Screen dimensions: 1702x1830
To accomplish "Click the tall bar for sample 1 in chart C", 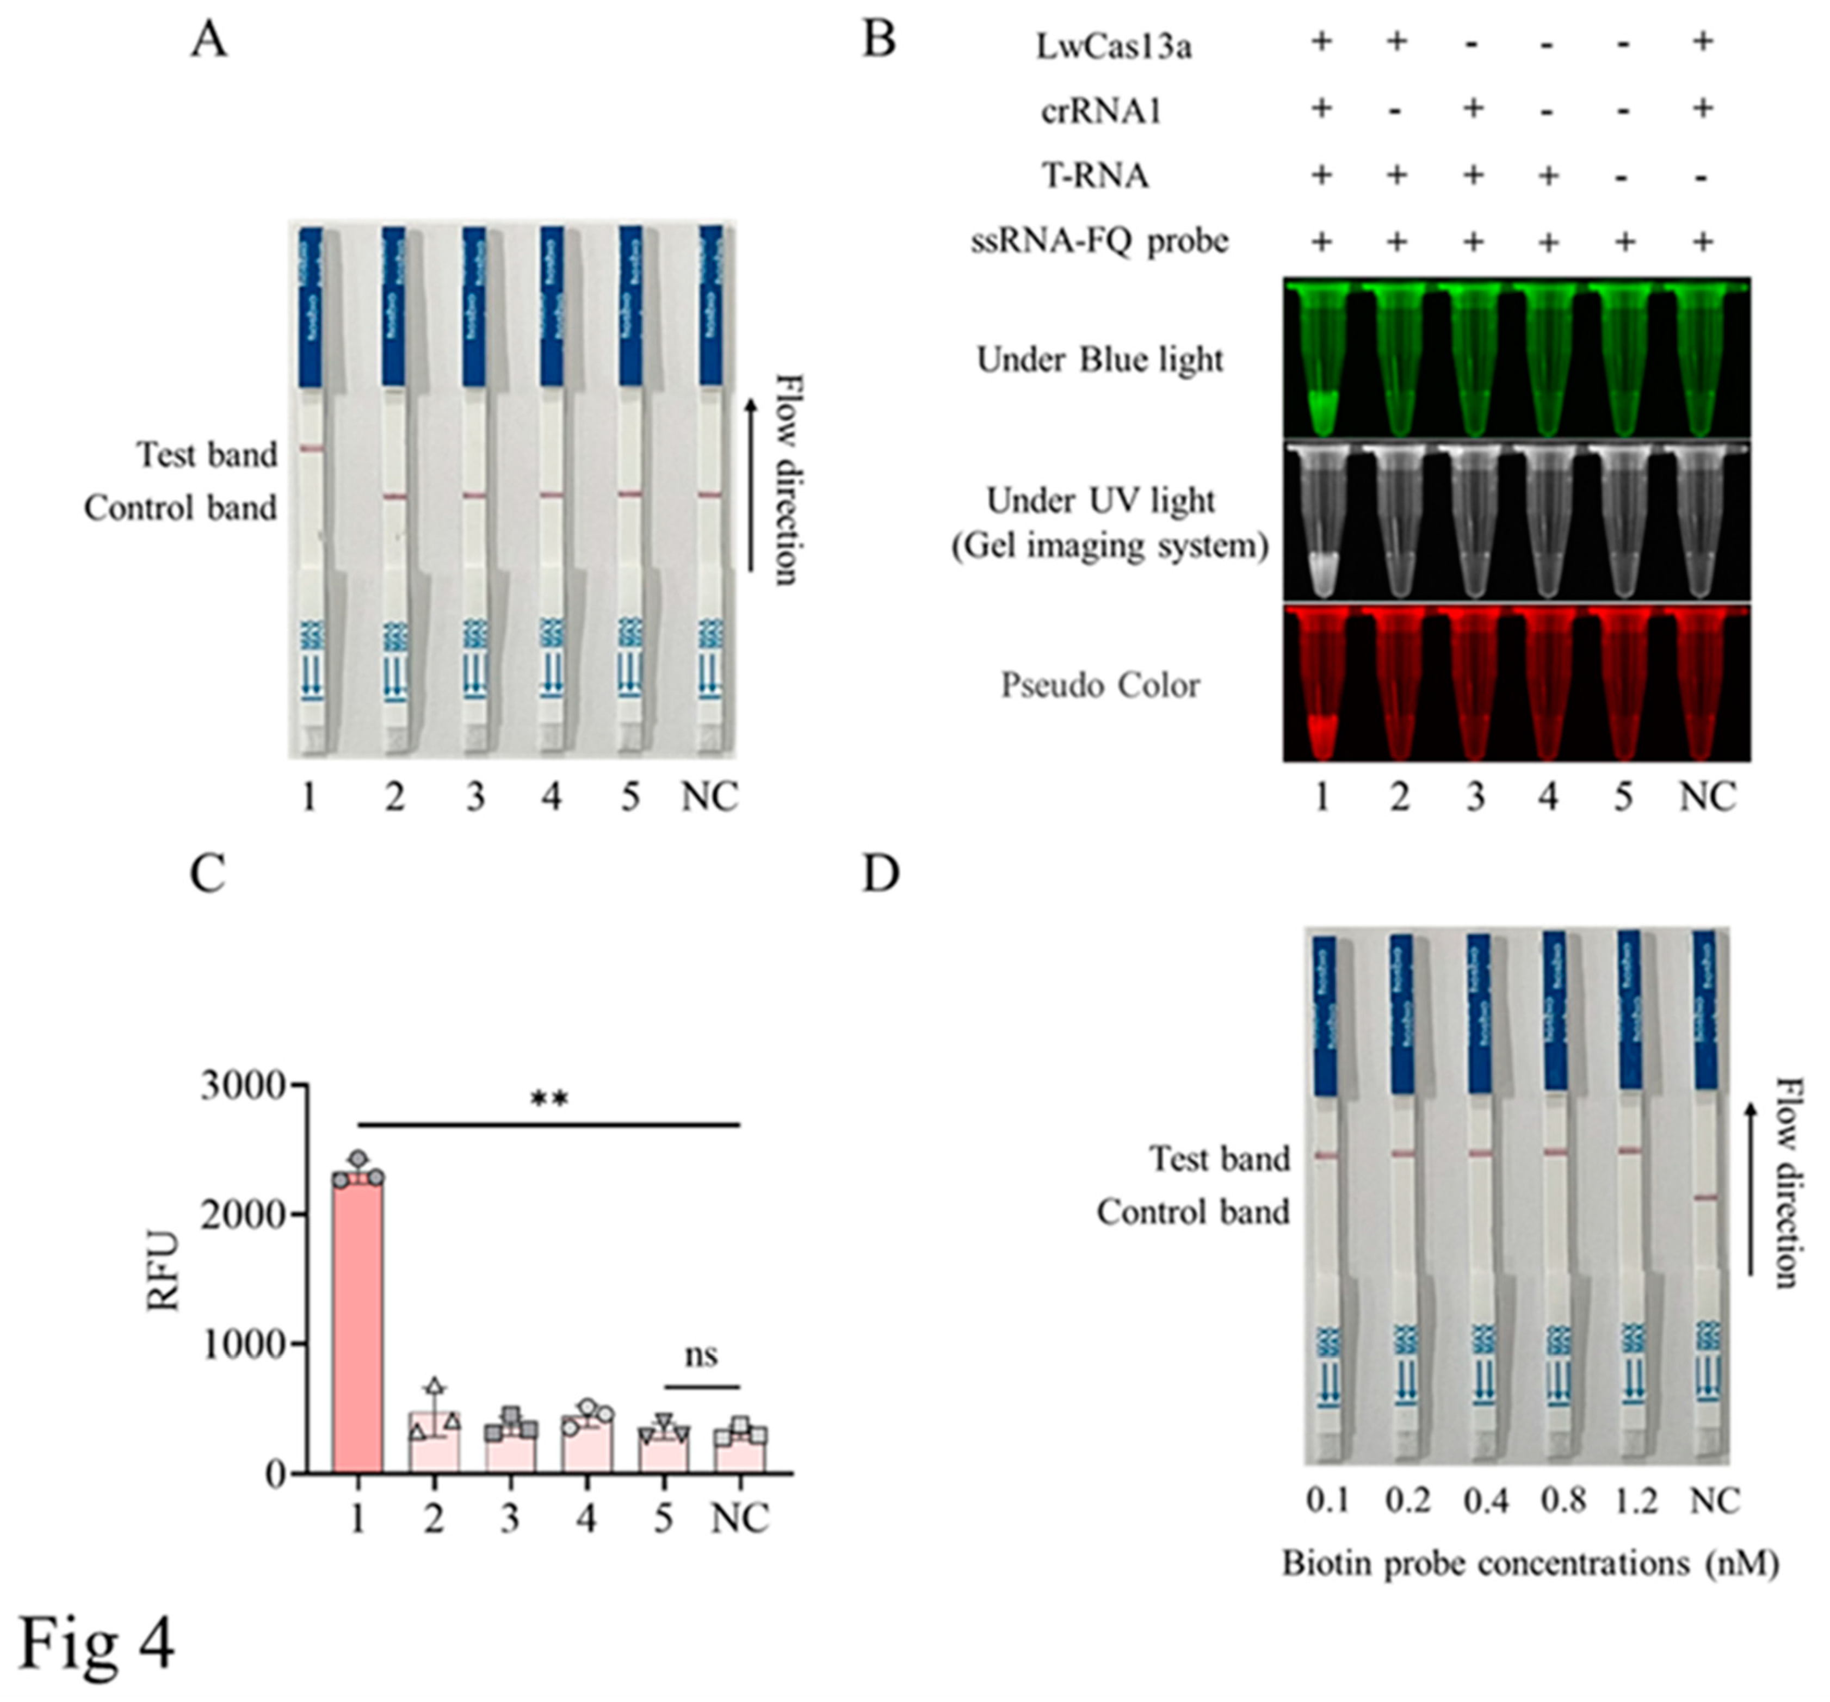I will pyautogui.click(x=358, y=1326).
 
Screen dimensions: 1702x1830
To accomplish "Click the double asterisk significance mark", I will pyautogui.click(x=549, y=1099).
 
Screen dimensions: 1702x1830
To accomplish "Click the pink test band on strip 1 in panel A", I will pyautogui.click(x=311, y=449).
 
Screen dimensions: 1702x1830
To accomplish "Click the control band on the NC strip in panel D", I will pyautogui.click(x=1706, y=1198).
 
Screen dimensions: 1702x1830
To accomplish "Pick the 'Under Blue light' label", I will pyautogui.click(x=1100, y=360).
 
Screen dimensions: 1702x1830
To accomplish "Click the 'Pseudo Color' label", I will pyautogui.click(x=1100, y=686).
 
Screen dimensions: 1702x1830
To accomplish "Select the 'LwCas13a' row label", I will pyautogui.click(x=1114, y=46).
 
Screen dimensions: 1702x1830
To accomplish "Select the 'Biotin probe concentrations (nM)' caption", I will pyautogui.click(x=1530, y=1563).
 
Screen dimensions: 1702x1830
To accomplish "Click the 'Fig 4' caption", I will pyautogui.click(x=97, y=1644).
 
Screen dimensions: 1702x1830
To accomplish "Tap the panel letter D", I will pyautogui.click(x=880, y=874).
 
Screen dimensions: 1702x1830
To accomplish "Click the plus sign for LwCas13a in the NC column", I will pyautogui.click(x=1703, y=41).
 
